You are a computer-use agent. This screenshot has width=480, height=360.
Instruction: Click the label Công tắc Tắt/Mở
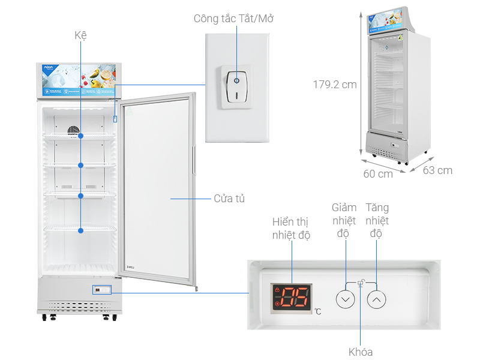[x=233, y=18]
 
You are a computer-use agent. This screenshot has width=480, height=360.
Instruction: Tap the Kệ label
[x=81, y=35]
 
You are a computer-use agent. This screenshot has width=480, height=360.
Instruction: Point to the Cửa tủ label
[x=229, y=198]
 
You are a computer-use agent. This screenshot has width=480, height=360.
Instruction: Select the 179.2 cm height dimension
[x=335, y=85]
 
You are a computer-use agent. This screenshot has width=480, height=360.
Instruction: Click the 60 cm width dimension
[x=378, y=174]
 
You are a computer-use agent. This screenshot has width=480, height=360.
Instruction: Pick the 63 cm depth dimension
[x=437, y=170]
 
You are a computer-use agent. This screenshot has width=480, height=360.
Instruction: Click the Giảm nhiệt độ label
[x=344, y=220]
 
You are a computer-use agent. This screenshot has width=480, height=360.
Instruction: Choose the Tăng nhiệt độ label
[x=377, y=220]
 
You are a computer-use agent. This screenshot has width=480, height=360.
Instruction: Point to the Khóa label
[x=361, y=352]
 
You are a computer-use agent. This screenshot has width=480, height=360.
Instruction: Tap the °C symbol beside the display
[x=317, y=311]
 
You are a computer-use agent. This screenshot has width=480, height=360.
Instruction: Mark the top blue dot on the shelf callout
[x=81, y=136]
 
